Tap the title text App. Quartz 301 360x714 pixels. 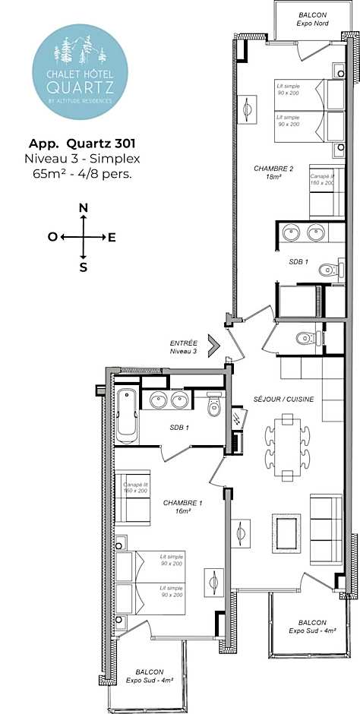coord(83,144)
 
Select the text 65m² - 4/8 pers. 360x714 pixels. coord(83,173)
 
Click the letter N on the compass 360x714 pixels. coord(84,208)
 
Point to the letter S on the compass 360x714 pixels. coord(84,267)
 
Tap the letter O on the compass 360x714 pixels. coord(52,237)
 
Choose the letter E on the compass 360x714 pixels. coord(112,237)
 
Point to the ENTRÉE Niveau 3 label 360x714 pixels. coord(185,347)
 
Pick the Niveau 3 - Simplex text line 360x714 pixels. coord(83,158)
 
